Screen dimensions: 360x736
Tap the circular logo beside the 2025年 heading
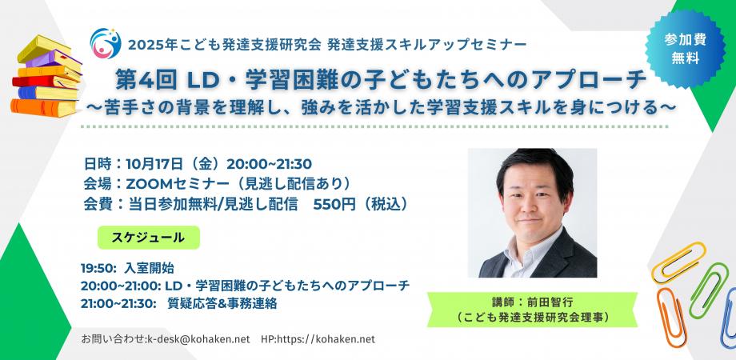[x=105, y=43]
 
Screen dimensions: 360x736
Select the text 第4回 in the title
[x=149, y=81]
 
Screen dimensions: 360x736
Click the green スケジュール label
[x=148, y=238]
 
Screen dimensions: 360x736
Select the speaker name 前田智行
[x=549, y=302]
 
